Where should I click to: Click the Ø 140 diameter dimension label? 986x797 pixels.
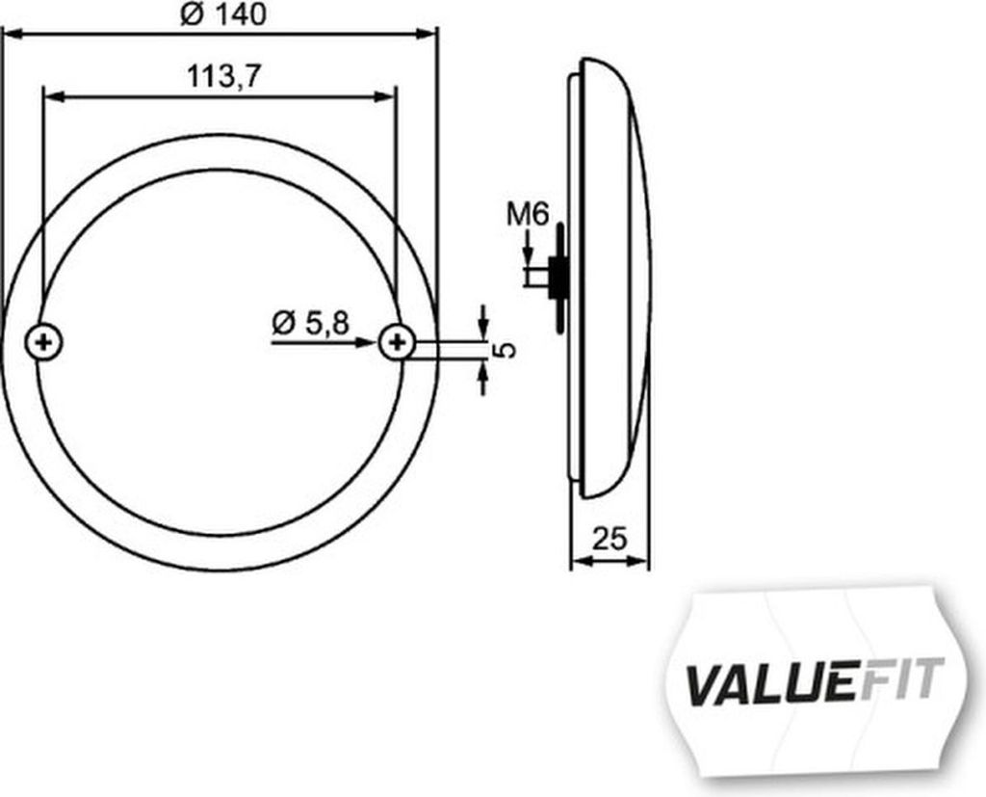tap(223, 14)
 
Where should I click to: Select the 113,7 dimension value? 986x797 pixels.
tap(223, 77)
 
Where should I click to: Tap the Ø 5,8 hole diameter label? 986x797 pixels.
tap(311, 324)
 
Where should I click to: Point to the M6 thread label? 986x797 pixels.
tap(529, 215)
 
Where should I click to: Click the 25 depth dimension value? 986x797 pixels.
tap(610, 539)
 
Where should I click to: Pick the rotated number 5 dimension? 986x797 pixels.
tap(506, 350)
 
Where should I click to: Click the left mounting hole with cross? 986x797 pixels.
tap(43, 342)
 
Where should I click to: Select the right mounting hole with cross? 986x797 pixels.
tap(397, 342)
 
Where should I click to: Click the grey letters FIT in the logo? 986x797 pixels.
tap(902, 678)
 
